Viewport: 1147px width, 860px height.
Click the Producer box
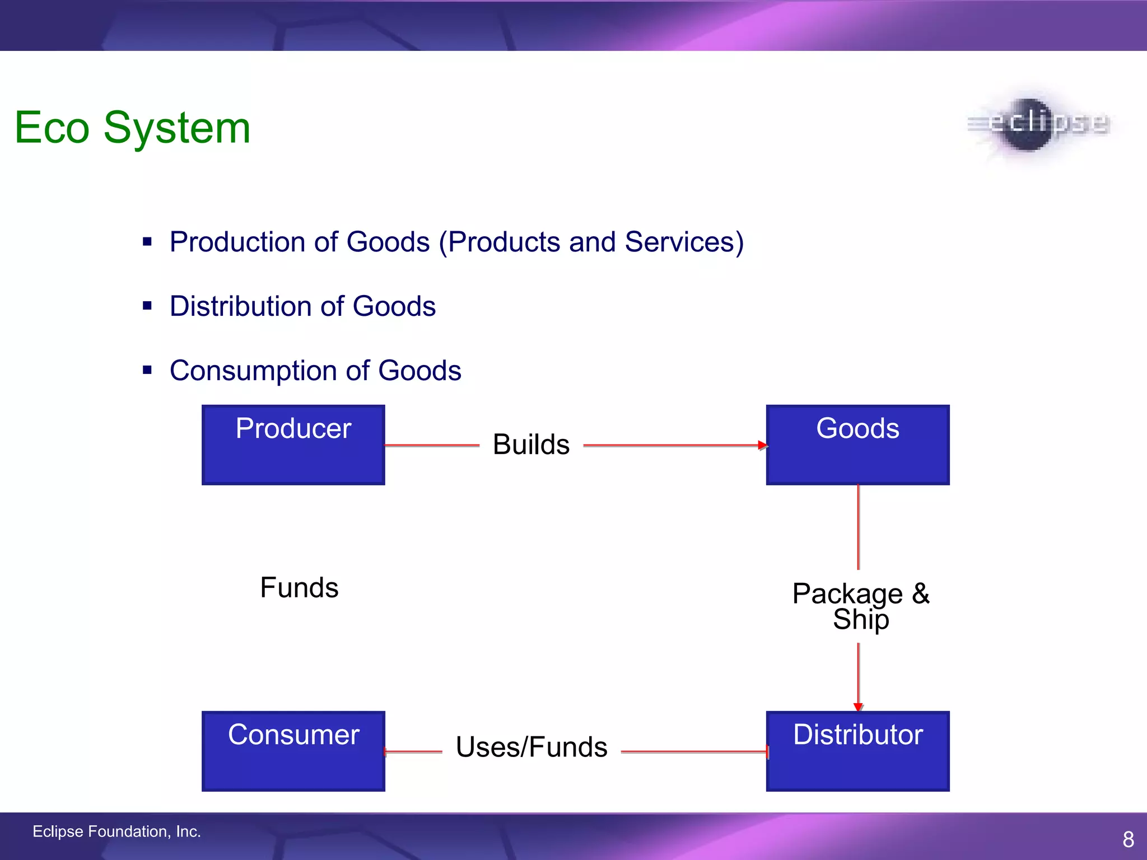click(293, 445)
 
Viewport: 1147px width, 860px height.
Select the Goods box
click(857, 445)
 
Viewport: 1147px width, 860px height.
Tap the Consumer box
click(293, 751)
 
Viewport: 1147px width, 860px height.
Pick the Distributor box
click(857, 751)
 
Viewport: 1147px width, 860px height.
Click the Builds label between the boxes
click(531, 445)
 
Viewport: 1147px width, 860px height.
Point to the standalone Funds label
click(299, 588)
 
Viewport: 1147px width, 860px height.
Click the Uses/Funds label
click(531, 747)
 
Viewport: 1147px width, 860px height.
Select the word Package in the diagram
click(847, 593)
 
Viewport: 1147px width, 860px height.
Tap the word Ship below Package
click(861, 620)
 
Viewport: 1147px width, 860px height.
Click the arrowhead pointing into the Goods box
click(763, 446)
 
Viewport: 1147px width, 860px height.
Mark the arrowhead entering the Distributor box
click(858, 707)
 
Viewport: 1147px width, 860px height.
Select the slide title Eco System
click(132, 128)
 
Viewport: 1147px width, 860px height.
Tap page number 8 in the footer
click(1128, 839)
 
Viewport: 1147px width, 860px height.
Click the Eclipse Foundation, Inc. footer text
click(116, 831)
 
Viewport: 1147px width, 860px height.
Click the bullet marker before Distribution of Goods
click(147, 306)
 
